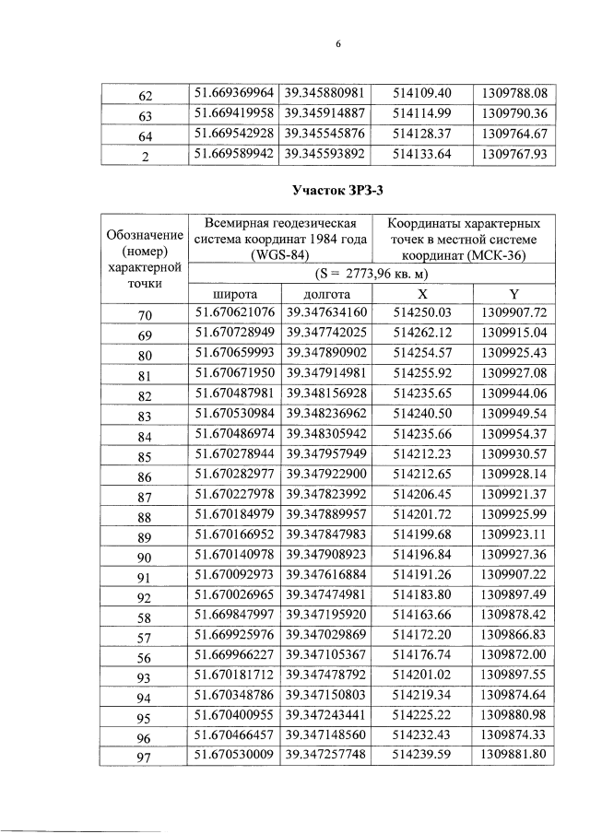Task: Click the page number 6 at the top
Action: pyautogui.click(x=338, y=43)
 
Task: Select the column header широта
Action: pyautogui.click(x=235, y=294)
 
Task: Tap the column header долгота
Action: pyautogui.click(x=326, y=294)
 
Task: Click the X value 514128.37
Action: pyautogui.click(x=420, y=135)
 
